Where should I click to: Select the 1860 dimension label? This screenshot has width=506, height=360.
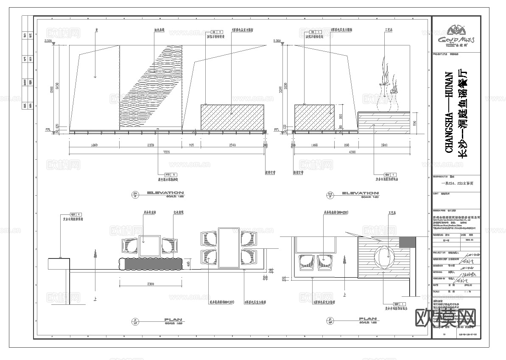pyautogui.click(x=94, y=146)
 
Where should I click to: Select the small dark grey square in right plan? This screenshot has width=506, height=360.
pyautogui.click(x=408, y=242)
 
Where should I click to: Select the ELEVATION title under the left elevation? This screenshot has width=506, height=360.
pyautogui.click(x=165, y=194)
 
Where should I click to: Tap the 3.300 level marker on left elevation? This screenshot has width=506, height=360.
pyautogui.click(x=49, y=41)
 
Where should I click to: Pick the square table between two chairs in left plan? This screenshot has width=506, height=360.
pyautogui.click(x=149, y=245)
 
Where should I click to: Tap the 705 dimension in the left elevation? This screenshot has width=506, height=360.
pyautogui.click(x=191, y=146)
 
